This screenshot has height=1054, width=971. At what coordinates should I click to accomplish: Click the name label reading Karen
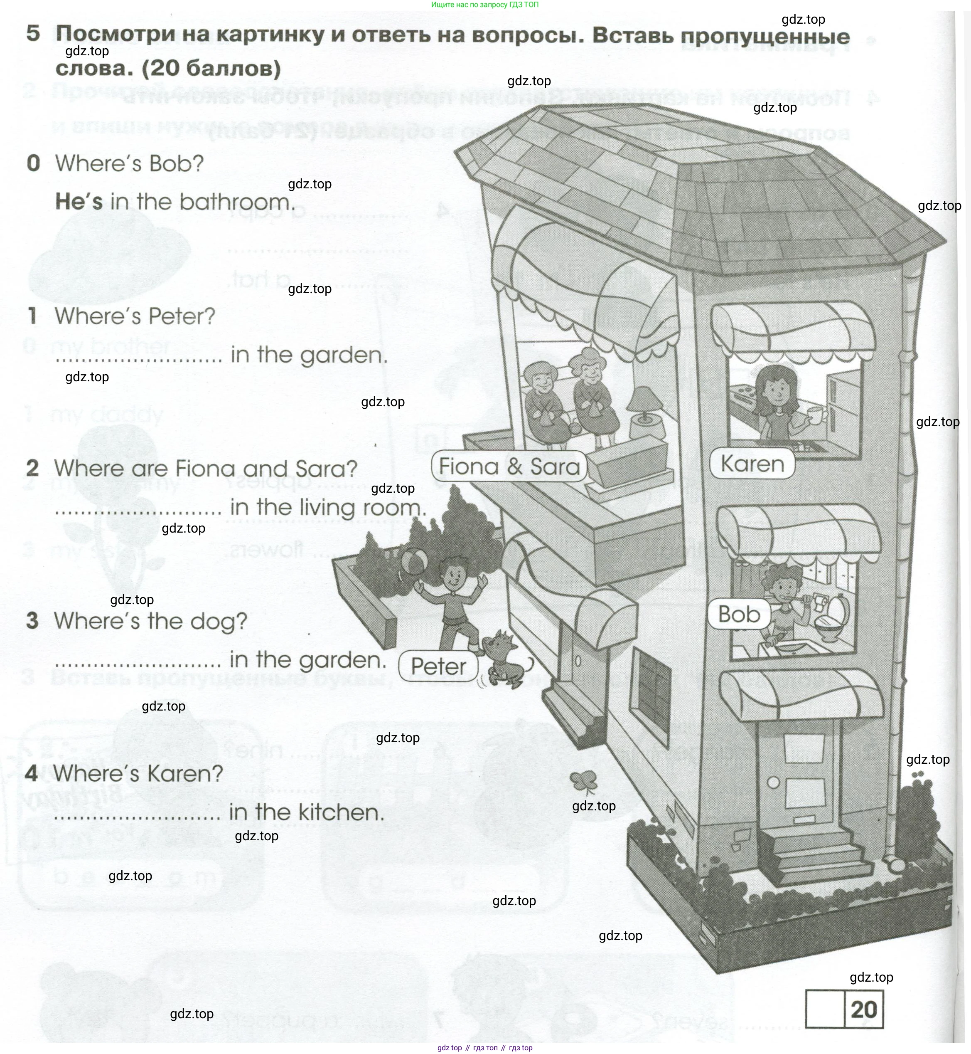point(752,464)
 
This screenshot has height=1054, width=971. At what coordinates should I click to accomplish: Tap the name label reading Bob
point(739,614)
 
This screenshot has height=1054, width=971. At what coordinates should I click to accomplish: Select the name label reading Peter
point(438,666)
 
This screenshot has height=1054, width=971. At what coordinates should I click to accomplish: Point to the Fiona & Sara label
point(509,466)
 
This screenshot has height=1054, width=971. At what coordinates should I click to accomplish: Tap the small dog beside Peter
point(503,659)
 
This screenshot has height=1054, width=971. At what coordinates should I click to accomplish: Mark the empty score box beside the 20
point(824,1010)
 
